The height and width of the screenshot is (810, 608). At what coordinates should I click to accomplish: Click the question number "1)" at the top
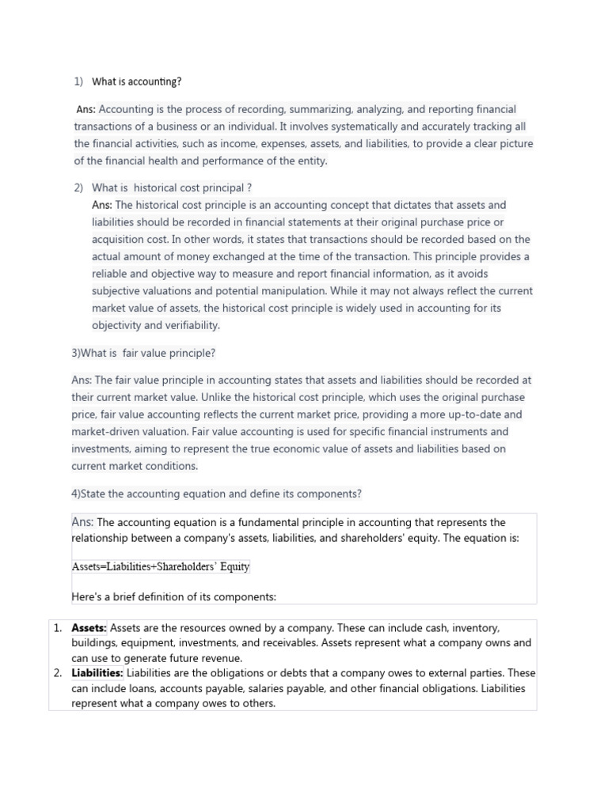pyautogui.click(x=78, y=81)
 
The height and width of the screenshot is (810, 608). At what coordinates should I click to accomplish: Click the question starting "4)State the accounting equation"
pyautogui.click(x=216, y=494)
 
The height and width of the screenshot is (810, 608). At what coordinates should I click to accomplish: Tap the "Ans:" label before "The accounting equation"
pyautogui.click(x=82, y=522)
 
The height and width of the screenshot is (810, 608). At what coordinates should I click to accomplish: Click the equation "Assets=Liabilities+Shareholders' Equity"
pyautogui.click(x=161, y=566)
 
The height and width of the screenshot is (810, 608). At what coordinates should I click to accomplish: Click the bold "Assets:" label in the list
pyautogui.click(x=89, y=627)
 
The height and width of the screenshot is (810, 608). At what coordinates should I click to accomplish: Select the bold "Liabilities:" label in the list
pyautogui.click(x=97, y=673)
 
